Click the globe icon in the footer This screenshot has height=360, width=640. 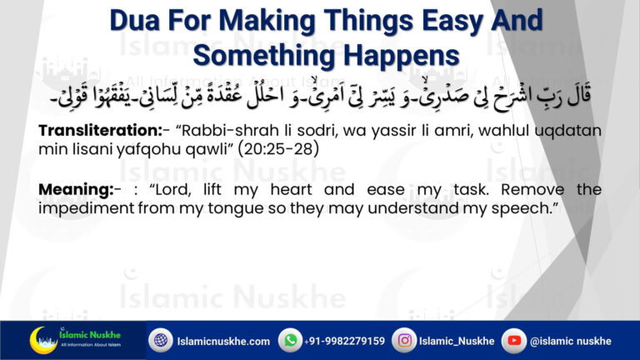click(160, 340)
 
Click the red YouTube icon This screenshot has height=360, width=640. click(514, 340)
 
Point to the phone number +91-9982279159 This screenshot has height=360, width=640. click(345, 341)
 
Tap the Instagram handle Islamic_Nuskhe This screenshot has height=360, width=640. click(457, 341)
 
